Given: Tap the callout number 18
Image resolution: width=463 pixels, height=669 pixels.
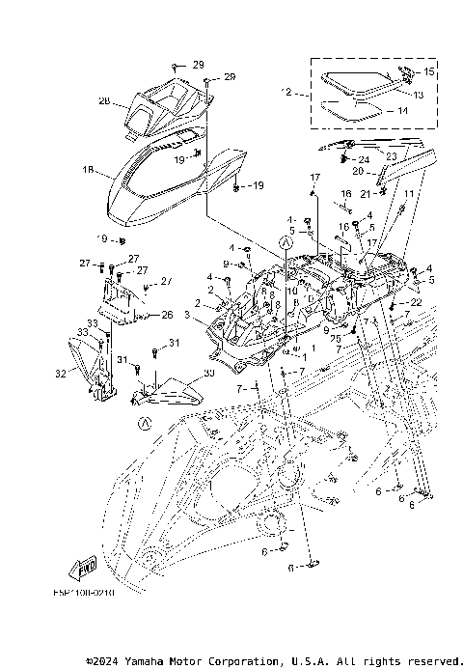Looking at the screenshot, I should [x=88, y=171].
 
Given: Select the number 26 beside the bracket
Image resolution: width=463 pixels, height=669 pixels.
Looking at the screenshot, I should [x=167, y=315].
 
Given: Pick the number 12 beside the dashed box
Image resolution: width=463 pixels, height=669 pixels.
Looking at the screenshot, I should [x=286, y=93].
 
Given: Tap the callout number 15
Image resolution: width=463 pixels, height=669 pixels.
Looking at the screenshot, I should [x=430, y=72].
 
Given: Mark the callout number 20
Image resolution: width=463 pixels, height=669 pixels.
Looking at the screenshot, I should [x=356, y=172].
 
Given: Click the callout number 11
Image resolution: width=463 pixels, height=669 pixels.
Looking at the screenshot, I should [x=408, y=196].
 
